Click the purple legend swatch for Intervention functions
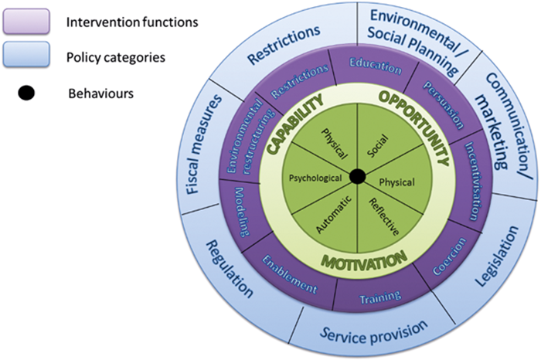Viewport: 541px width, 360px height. pyautogui.click(x=27, y=22)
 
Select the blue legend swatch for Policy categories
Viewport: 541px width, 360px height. pyautogui.click(x=27, y=56)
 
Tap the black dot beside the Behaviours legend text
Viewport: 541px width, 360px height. pyautogui.click(x=26, y=93)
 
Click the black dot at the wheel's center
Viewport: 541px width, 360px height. pyautogui.click(x=357, y=177)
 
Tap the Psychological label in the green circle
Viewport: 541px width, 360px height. pyautogui.click(x=315, y=177)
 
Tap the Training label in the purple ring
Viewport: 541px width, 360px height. pyautogui.click(x=380, y=296)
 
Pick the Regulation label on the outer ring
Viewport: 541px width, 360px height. pyautogui.click(x=229, y=268)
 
